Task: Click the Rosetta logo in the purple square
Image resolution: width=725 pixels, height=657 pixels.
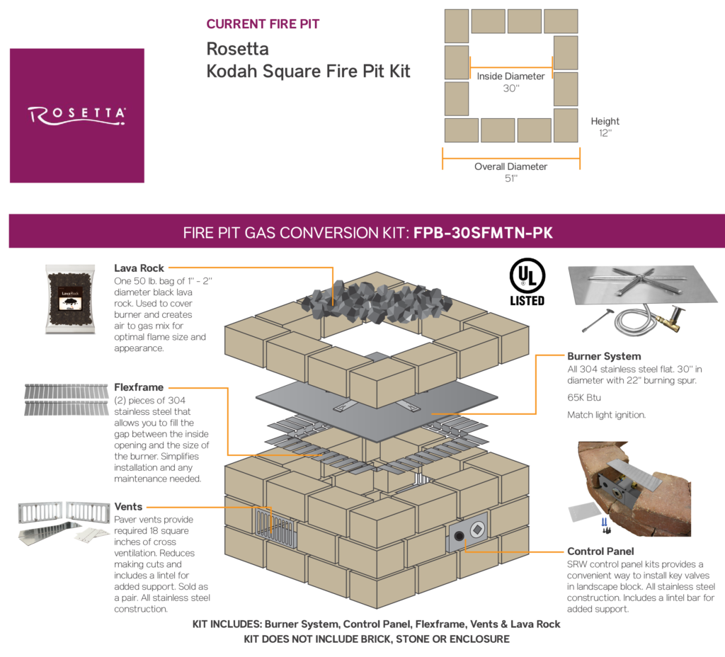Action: coord(76,115)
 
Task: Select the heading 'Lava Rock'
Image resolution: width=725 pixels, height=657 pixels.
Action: coord(139,268)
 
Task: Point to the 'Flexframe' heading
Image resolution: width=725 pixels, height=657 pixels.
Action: coord(139,387)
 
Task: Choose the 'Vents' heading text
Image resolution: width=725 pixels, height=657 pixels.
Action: coord(128,507)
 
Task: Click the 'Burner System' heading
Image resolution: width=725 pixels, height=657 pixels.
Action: coord(604,356)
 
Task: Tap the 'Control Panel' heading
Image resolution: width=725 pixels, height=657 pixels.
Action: coord(600,551)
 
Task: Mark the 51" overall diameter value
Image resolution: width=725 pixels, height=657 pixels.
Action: coord(510,179)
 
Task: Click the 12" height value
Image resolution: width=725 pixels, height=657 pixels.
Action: coord(605,133)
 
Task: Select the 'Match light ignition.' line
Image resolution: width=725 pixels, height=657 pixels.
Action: coord(606,415)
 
